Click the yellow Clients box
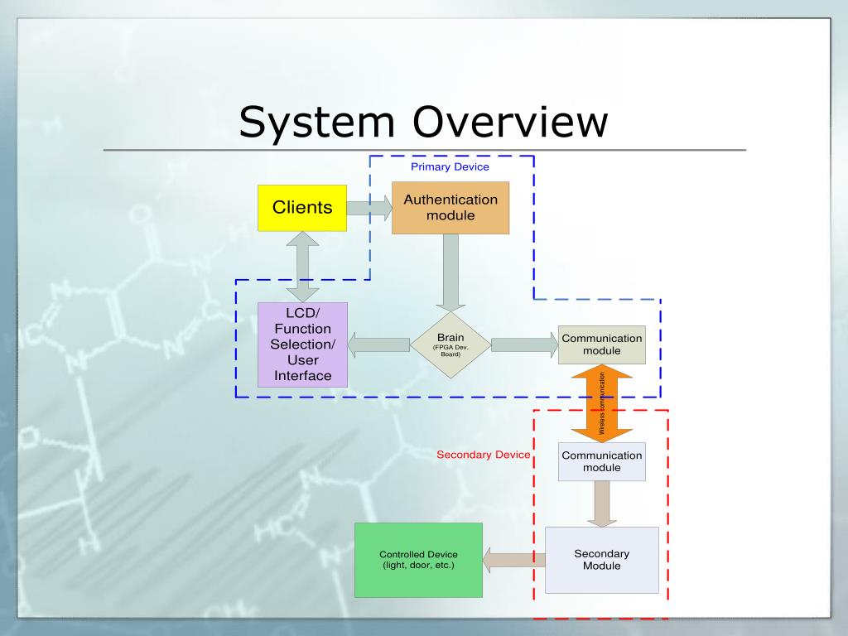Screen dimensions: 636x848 point(302,208)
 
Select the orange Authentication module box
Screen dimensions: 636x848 point(450,208)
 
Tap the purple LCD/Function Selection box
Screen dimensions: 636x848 point(303,344)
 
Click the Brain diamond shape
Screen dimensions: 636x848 point(450,344)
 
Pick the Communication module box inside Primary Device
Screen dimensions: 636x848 point(601,344)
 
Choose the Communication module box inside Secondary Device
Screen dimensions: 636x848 point(601,462)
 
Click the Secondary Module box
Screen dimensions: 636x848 point(601,560)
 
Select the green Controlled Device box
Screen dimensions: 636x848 point(418,560)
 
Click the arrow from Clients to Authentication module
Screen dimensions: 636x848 point(369,207)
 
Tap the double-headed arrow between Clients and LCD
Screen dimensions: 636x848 point(303,267)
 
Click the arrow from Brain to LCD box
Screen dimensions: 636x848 point(379,344)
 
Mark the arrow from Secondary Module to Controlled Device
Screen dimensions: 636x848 point(513,560)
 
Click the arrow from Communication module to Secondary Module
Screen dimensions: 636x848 point(602,503)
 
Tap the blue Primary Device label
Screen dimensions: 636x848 point(450,166)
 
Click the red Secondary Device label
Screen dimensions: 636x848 point(484,455)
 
